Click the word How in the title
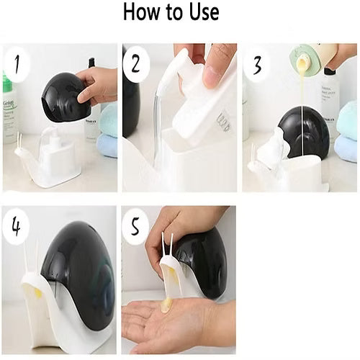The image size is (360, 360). click(143, 12)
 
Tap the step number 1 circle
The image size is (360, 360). click(18, 67)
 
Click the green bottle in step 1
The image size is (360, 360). click(8, 108)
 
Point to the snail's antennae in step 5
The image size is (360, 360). click(168, 245)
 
